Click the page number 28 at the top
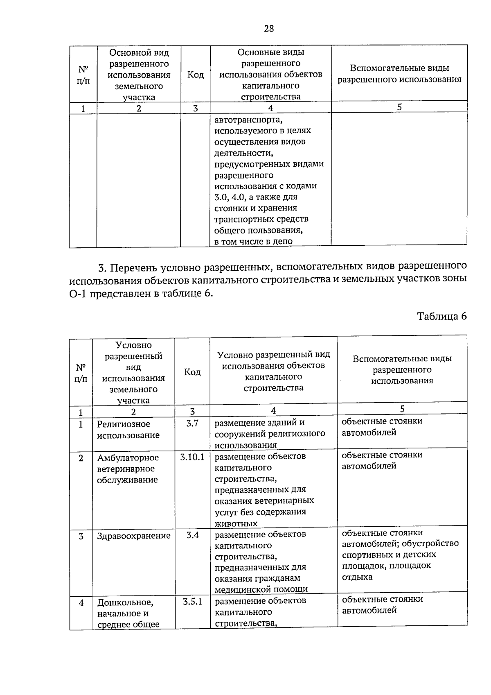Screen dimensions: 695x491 [269, 28]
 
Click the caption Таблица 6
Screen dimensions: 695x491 [442, 316]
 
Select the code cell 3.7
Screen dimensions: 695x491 [192, 423]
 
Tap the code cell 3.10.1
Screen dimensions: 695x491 [192, 457]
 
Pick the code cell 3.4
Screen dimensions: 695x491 [192, 535]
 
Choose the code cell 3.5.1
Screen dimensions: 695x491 [192, 602]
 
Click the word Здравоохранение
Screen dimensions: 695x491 [133, 536]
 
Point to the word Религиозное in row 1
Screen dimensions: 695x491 [124, 424]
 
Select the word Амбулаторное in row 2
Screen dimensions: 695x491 [128, 457]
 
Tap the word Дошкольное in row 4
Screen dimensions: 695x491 [125, 602]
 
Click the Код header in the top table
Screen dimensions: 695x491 [196, 75]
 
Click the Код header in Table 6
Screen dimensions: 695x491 [192, 372]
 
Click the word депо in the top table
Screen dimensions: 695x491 [284, 241]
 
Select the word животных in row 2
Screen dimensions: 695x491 [236, 523]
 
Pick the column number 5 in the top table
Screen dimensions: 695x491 [399, 107]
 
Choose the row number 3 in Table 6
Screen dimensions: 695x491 [81, 536]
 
